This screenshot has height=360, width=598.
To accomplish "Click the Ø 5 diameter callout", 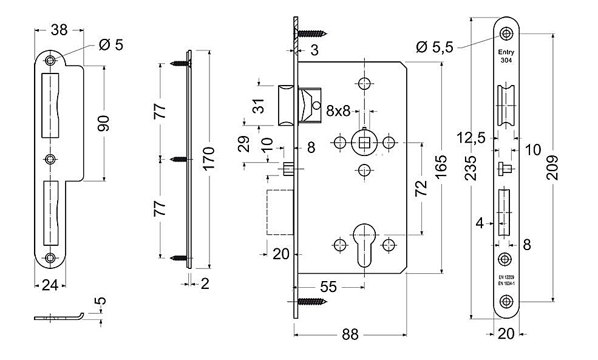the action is [111, 45].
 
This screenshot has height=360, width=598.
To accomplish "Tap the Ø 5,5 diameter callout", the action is [435, 47].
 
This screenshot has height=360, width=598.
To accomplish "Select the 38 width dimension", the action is [59, 30].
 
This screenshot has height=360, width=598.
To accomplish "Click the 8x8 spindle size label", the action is [338, 111].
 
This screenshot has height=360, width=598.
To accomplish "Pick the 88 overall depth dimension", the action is [350, 335].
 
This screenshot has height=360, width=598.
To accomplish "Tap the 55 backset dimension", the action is [328, 287].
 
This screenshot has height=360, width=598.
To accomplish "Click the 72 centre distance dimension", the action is [421, 188].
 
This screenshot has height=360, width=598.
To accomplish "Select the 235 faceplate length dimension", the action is [471, 168].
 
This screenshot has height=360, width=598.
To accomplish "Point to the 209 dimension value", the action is [552, 168].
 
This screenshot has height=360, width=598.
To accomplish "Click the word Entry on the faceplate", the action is [506, 52].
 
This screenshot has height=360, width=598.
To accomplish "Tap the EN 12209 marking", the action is [506, 277].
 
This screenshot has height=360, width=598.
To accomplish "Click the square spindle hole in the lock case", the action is [365, 143].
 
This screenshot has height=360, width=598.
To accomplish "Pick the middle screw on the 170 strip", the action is [179, 159].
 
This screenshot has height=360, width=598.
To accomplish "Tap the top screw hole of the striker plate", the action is [50, 60].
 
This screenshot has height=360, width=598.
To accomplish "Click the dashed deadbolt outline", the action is [279, 212].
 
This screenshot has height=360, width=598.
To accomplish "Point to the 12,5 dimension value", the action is [471, 137].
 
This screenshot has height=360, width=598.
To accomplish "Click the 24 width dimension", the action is [50, 285].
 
